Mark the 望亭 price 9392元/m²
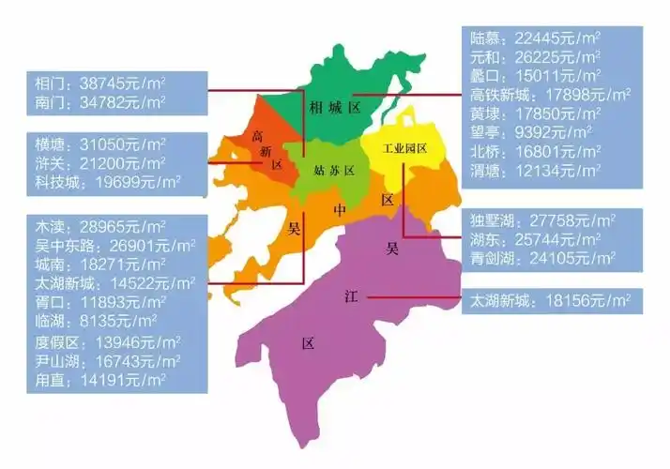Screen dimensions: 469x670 pos(531,132)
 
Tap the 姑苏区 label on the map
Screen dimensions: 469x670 pos(334,171)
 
